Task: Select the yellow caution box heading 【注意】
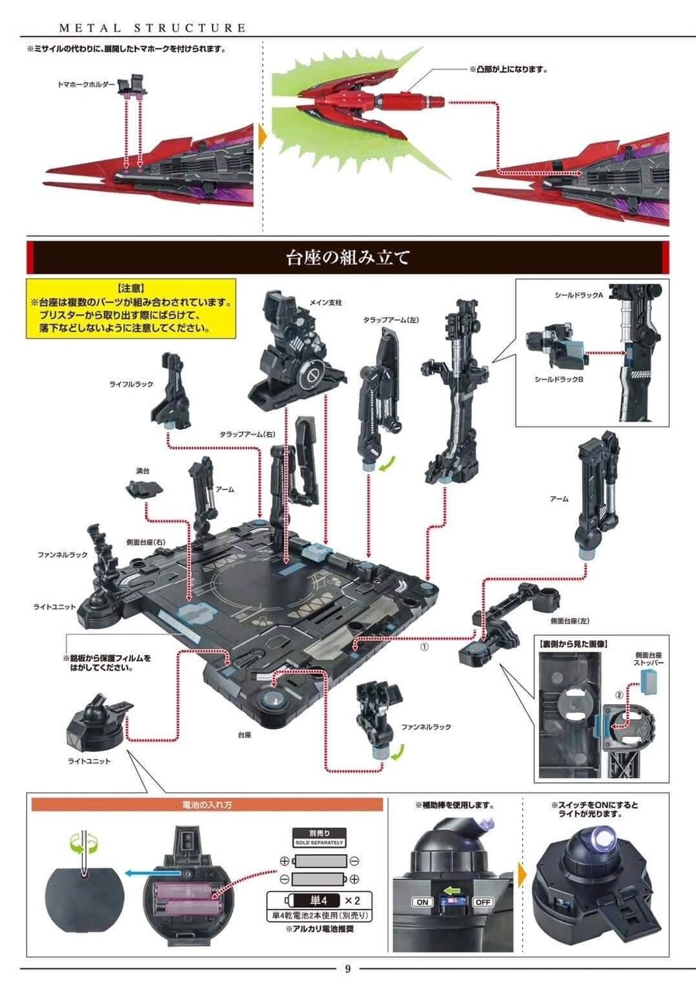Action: [130, 287]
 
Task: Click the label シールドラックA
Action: [579, 295]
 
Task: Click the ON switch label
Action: [421, 902]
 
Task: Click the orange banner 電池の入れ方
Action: [207, 805]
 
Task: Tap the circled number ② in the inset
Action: [619, 693]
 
